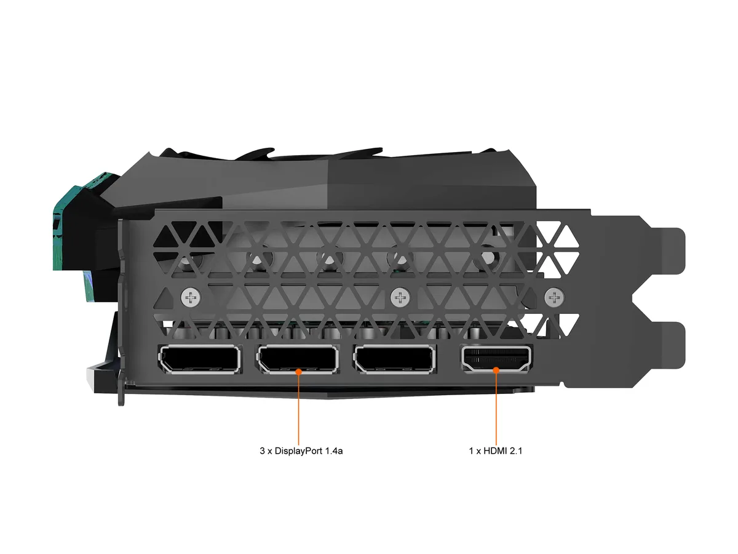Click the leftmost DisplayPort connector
(200, 359)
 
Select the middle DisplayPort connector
(298, 359)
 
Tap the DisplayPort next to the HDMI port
(395, 359)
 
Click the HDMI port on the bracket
(496, 359)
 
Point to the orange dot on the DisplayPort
(298, 372)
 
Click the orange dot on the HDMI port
(496, 371)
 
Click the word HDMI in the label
(495, 451)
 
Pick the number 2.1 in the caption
(516, 451)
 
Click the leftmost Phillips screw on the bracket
(191, 297)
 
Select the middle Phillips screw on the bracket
(400, 297)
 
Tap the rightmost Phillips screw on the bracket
(554, 297)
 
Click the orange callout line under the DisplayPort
(298, 408)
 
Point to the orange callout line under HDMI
(496, 407)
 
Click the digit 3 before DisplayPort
(262, 451)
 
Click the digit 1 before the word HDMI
(471, 451)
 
